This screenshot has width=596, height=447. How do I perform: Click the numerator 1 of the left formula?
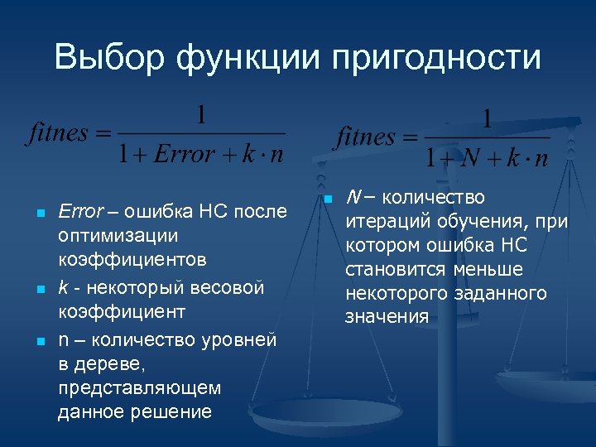201,114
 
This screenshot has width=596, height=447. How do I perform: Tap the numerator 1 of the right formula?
486,118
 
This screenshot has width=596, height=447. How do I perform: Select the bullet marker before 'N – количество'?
328,199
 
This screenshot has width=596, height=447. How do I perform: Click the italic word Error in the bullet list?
79,211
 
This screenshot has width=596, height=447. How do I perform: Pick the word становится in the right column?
397,269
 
